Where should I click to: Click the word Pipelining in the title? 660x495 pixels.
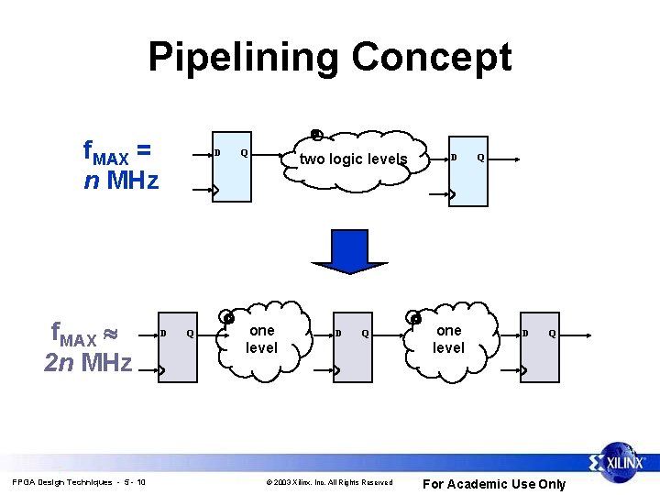244,57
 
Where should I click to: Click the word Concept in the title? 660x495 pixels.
431,57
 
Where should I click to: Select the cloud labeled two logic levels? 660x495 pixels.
353,159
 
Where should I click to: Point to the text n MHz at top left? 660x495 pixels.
121,180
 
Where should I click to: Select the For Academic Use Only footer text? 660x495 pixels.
493,484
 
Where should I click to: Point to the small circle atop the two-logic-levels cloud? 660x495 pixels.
315,135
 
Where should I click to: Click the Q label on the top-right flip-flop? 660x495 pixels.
480,158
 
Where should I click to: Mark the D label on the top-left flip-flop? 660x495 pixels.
217,152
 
